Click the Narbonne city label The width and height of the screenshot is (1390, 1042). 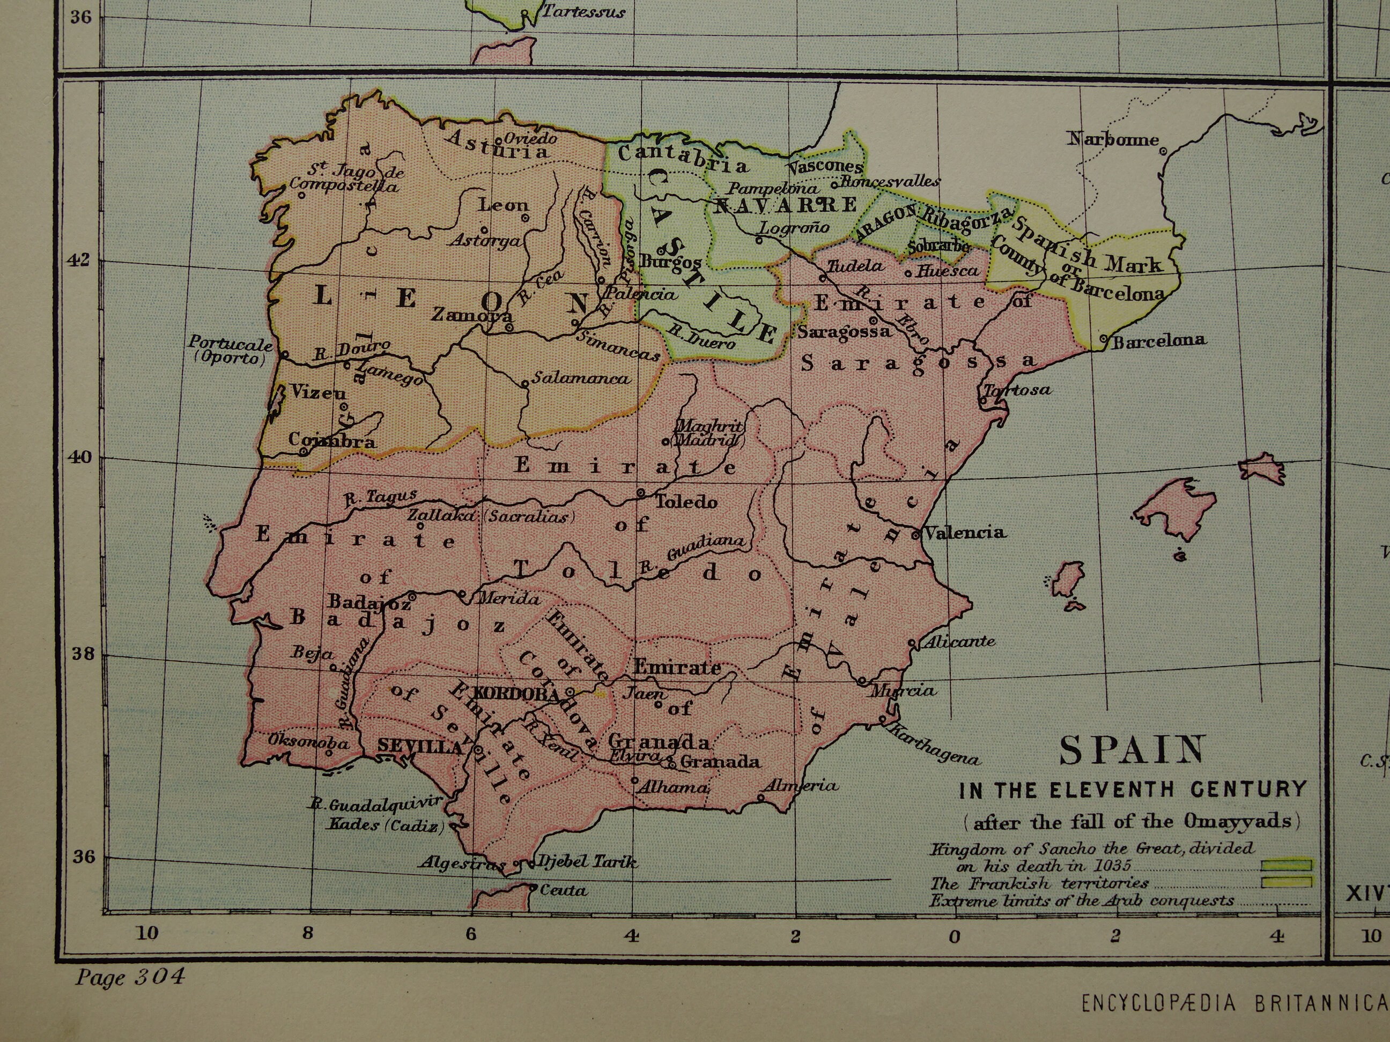[x=1112, y=139]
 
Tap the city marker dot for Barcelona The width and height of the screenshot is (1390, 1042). [x=1104, y=339]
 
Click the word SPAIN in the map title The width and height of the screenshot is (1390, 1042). [x=1132, y=750]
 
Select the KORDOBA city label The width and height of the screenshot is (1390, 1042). [x=517, y=694]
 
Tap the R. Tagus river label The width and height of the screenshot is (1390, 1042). [x=380, y=497]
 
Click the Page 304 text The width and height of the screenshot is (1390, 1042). [x=130, y=977]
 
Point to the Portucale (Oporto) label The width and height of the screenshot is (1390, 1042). [x=231, y=351]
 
